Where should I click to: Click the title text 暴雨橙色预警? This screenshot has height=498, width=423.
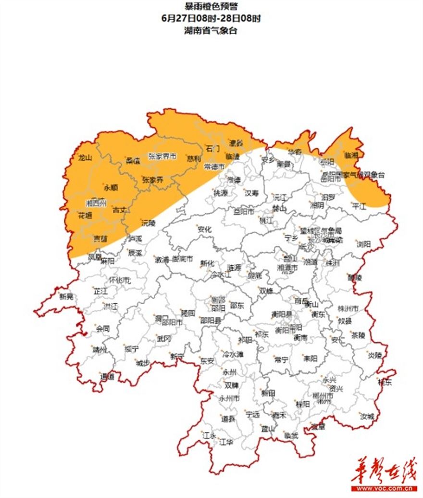click(x=211, y=6)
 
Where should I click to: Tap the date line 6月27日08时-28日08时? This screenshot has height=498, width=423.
click(x=211, y=18)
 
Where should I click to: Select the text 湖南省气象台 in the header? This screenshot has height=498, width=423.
click(x=211, y=30)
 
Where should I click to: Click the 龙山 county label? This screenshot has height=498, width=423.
click(x=85, y=158)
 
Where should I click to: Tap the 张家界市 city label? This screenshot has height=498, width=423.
click(x=162, y=156)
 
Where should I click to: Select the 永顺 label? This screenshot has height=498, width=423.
click(x=111, y=188)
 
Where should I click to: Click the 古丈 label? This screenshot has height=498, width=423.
click(x=119, y=210)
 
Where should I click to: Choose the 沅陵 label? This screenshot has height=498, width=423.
click(x=149, y=223)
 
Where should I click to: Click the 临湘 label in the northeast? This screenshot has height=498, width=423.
click(x=352, y=155)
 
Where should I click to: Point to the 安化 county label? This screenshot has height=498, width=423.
click(x=205, y=230)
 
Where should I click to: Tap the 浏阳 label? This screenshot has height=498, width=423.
click(x=364, y=244)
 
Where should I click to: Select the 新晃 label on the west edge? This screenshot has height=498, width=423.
click(x=67, y=297)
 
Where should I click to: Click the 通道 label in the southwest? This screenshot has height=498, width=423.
click(x=108, y=377)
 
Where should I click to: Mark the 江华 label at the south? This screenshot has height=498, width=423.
click(x=226, y=441)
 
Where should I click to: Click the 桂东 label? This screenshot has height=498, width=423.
click(x=385, y=383)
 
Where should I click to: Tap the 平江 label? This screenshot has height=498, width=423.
click(x=359, y=206)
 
